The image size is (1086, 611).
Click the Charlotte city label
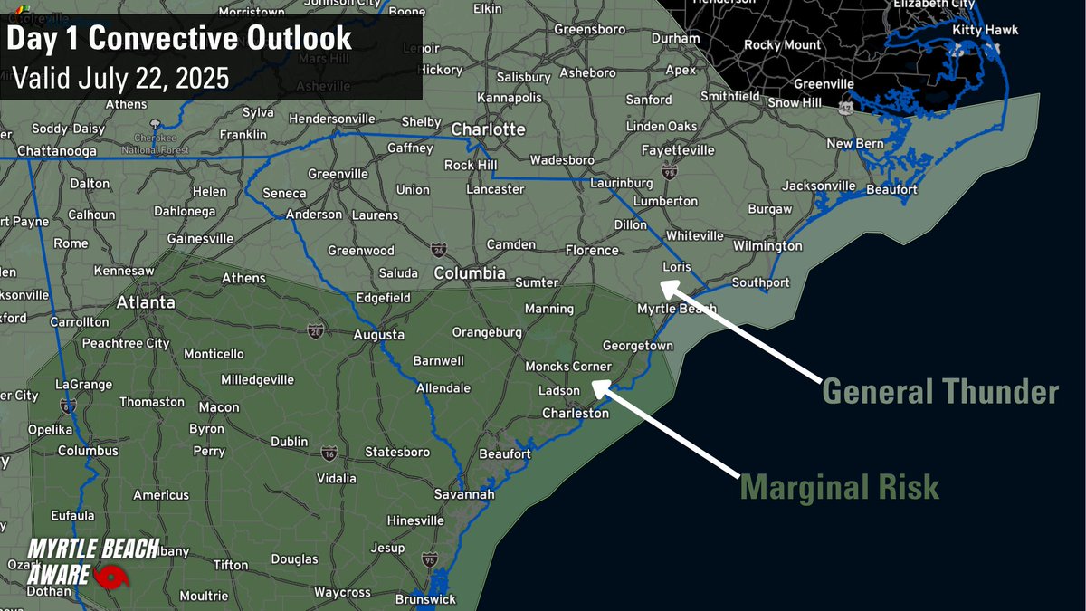coord(488,129)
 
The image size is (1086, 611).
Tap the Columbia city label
coord(470,272)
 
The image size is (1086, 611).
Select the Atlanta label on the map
coord(145,302)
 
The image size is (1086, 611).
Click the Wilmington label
coord(767,245)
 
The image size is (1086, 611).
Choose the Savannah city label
coord(464,494)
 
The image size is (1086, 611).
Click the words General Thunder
coord(939,392)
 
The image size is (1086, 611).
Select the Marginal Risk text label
coord(840,487)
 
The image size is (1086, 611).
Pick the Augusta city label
coord(378,334)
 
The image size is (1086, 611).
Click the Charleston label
coord(576,413)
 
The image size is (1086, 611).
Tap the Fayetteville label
coord(677,149)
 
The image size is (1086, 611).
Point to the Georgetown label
coord(638,346)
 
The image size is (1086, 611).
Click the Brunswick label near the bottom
coord(425,599)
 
